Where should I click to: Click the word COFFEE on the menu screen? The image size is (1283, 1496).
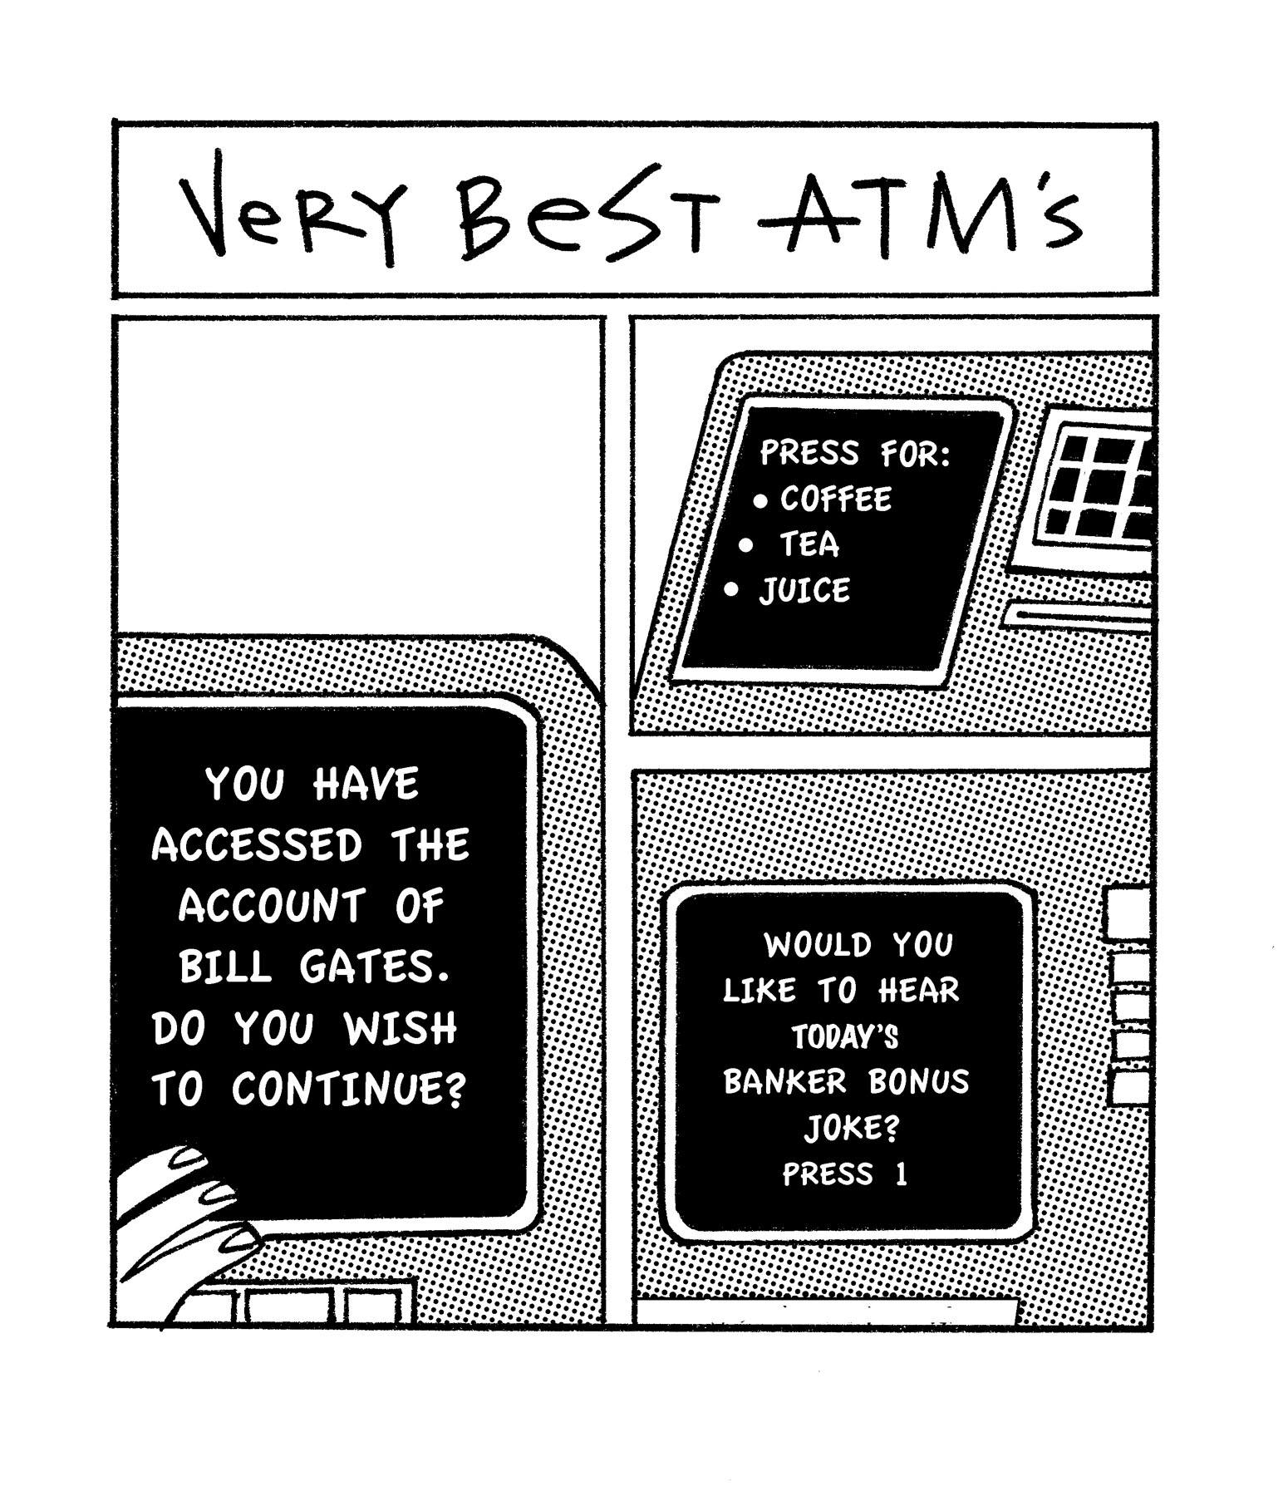pos(835,499)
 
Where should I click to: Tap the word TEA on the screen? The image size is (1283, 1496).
pos(809,545)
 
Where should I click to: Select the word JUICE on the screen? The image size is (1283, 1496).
pos(804,591)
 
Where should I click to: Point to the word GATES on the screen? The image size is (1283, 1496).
pos(376,967)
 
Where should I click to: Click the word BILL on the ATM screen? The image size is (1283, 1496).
pos(224,967)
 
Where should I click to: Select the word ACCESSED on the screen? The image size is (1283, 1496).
pos(257,845)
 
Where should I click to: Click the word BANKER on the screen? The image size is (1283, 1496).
pos(784,1082)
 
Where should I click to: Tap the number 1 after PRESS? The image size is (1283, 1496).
pos(901,1174)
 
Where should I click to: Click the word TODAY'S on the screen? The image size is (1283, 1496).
pos(845,1036)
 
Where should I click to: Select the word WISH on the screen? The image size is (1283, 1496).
pos(401,1029)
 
